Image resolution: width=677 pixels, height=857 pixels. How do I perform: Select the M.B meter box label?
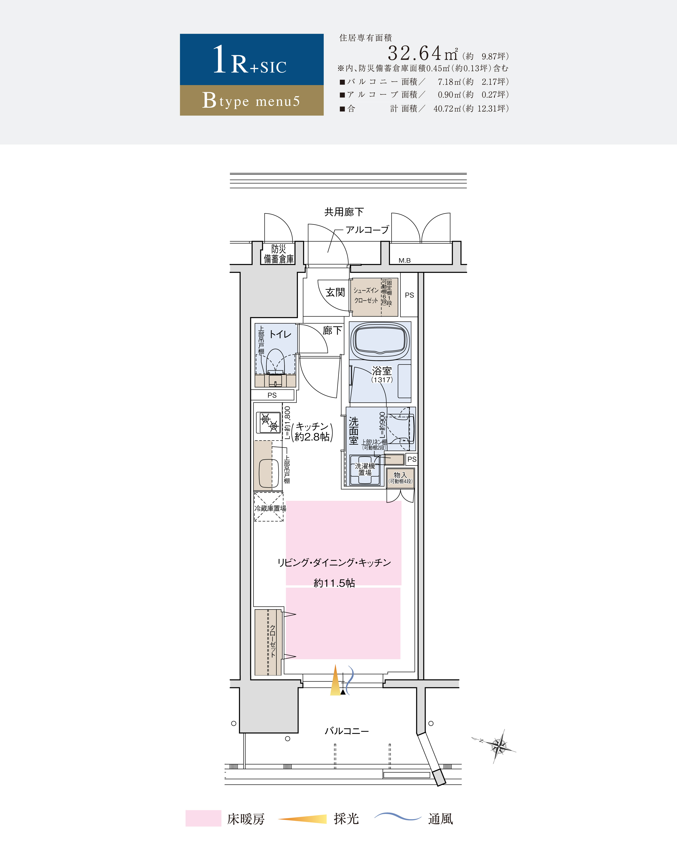404,260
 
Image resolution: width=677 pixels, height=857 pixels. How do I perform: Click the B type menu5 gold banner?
252,100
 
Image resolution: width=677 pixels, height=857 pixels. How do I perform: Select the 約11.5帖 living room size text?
334,583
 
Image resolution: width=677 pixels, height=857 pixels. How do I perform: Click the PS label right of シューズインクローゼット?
409,295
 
